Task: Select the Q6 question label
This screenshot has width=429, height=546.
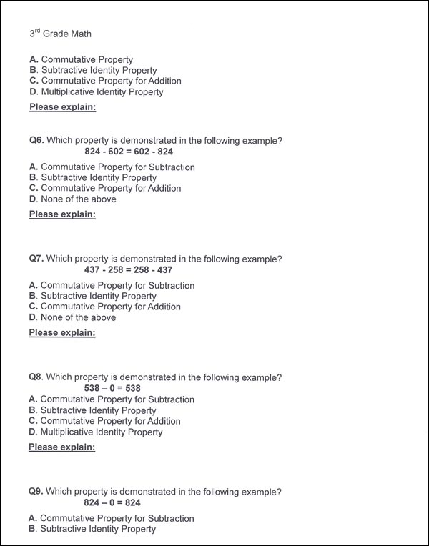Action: [x=36, y=141]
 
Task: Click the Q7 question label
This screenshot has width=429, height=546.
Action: [x=36, y=259]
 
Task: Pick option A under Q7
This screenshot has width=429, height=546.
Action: [x=111, y=286]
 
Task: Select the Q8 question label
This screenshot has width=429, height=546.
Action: [x=36, y=377]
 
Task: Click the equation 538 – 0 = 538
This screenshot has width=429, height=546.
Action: [x=112, y=388]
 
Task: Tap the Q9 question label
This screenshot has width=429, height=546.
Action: [x=36, y=492]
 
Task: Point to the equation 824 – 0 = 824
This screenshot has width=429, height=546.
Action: [x=112, y=503]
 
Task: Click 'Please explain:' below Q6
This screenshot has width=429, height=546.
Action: [x=62, y=214]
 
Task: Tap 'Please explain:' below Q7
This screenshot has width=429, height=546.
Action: [x=62, y=333]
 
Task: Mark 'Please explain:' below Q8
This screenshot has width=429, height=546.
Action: [x=62, y=447]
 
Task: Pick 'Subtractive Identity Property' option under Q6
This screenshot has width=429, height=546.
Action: [x=92, y=178]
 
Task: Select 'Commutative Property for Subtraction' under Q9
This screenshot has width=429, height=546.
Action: [x=111, y=518]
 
